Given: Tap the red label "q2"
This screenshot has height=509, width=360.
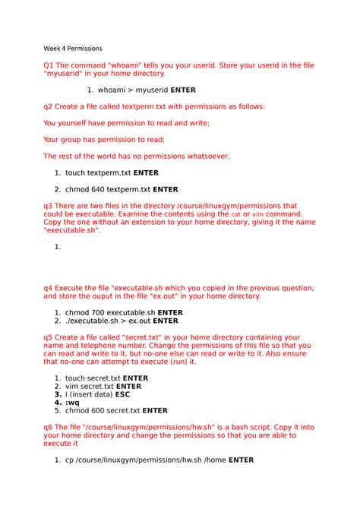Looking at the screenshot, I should pos(49,107).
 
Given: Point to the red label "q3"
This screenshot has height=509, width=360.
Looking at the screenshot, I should pos(49,206).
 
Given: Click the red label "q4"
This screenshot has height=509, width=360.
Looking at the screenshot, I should pos(49,288).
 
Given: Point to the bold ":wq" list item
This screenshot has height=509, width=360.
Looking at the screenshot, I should pos(73,403).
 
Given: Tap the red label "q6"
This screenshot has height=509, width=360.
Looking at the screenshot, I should pos(49,427).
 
